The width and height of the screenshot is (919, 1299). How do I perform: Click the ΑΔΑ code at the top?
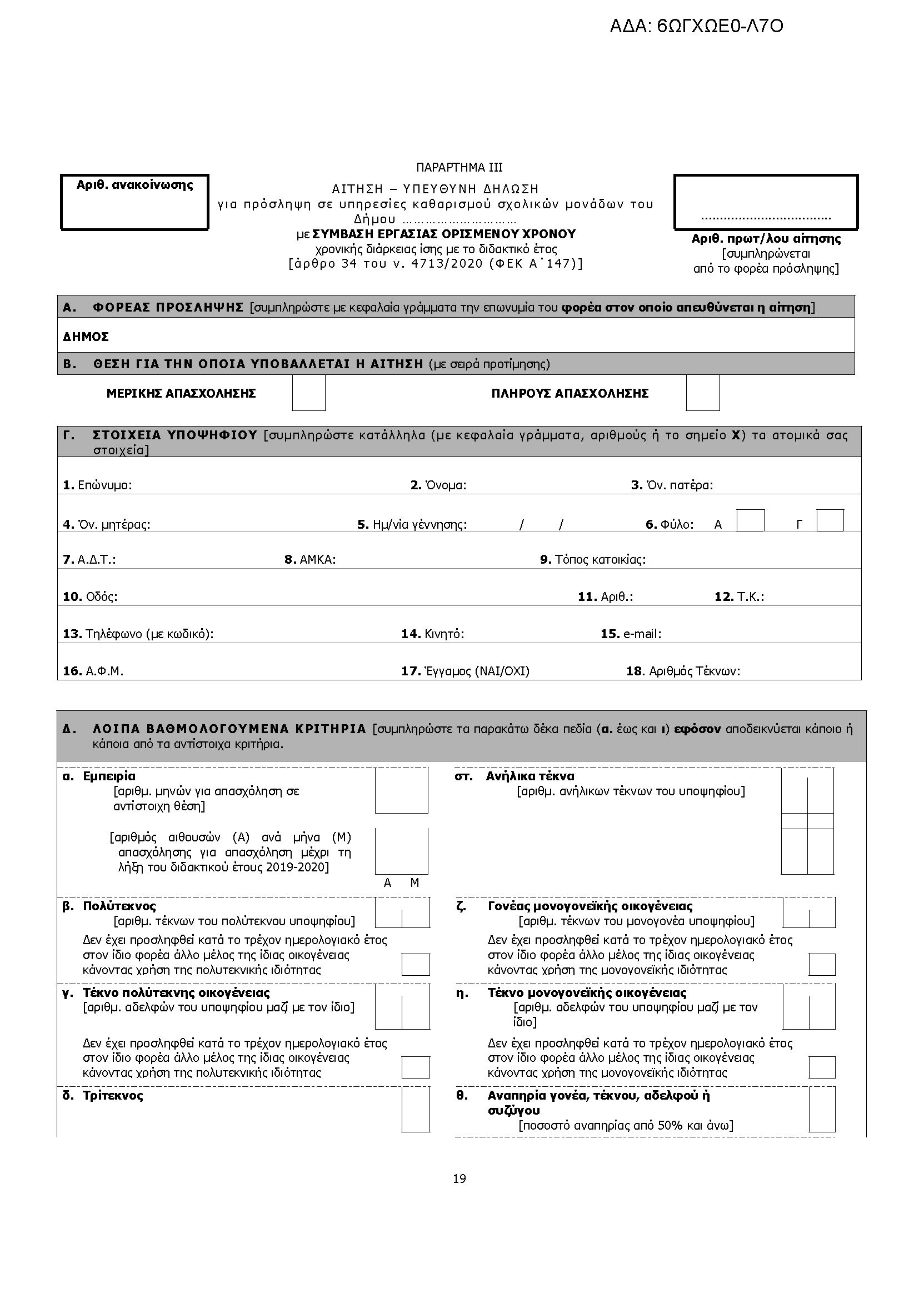[696, 27]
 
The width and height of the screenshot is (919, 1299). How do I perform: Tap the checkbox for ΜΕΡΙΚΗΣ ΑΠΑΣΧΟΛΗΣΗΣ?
[308, 393]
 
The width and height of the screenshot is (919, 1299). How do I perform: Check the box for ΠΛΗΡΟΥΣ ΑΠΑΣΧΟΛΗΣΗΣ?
[702, 393]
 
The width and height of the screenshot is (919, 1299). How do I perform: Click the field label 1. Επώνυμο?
[97, 485]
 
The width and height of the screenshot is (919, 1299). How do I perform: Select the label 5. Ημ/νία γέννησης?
[412, 524]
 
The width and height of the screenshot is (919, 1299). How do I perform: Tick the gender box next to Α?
[750, 520]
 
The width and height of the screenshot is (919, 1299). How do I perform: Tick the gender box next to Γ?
[830, 520]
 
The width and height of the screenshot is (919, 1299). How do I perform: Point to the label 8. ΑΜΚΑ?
[310, 560]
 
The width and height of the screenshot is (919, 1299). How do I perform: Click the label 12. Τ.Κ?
[739, 596]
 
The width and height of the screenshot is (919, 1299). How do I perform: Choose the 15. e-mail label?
[631, 634]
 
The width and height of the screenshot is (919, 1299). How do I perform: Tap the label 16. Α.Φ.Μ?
[93, 671]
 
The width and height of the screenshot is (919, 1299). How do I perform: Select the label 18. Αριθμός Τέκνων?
[683, 671]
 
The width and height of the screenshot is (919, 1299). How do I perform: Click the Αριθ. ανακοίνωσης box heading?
[134, 185]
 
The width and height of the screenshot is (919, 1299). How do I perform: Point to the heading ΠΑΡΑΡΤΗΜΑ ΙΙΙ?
[459, 168]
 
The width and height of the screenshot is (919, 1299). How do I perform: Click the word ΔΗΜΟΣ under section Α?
[86, 337]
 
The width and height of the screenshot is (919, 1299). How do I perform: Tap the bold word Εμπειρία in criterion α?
[109, 776]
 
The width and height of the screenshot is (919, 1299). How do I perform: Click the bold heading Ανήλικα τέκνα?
[530, 776]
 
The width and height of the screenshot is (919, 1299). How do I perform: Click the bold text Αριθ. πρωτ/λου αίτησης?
[766, 239]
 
